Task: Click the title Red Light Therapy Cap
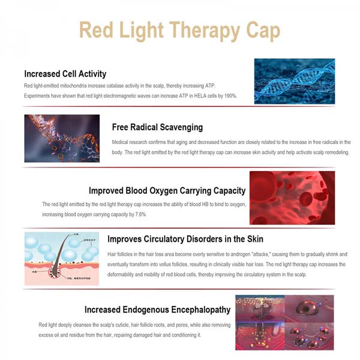coord(180,30)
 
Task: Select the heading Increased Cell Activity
coord(65,74)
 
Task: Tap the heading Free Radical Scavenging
coord(157,127)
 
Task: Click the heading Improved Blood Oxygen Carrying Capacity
coord(167,191)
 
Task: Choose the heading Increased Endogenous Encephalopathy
coord(157,310)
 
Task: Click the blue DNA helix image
coord(294,81)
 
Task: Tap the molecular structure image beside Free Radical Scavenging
coord(62,139)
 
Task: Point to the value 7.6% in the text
coord(158,214)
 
